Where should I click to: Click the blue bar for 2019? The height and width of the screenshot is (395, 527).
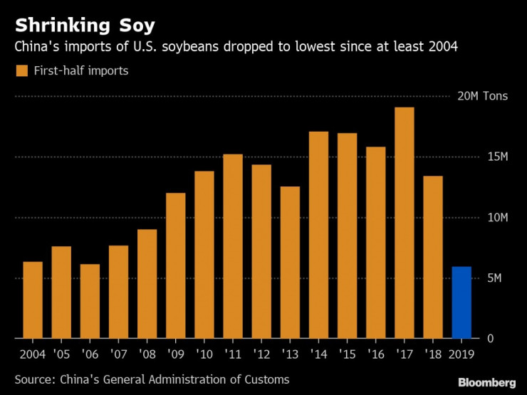461,302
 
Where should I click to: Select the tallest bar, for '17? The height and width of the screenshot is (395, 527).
404,223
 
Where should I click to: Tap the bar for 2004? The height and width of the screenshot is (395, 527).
33,300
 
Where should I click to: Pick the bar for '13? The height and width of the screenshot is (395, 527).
290,262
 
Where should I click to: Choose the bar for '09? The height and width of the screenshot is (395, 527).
176,265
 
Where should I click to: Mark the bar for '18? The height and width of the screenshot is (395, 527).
432,257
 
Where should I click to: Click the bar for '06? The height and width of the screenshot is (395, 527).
90,301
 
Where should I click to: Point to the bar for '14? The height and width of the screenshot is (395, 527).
318,235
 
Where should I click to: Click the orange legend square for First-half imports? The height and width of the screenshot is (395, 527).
22,70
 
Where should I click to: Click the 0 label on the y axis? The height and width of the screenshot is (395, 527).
490,338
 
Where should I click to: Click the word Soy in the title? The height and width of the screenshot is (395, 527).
134,27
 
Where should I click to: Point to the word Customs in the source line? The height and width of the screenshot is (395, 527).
263,379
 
